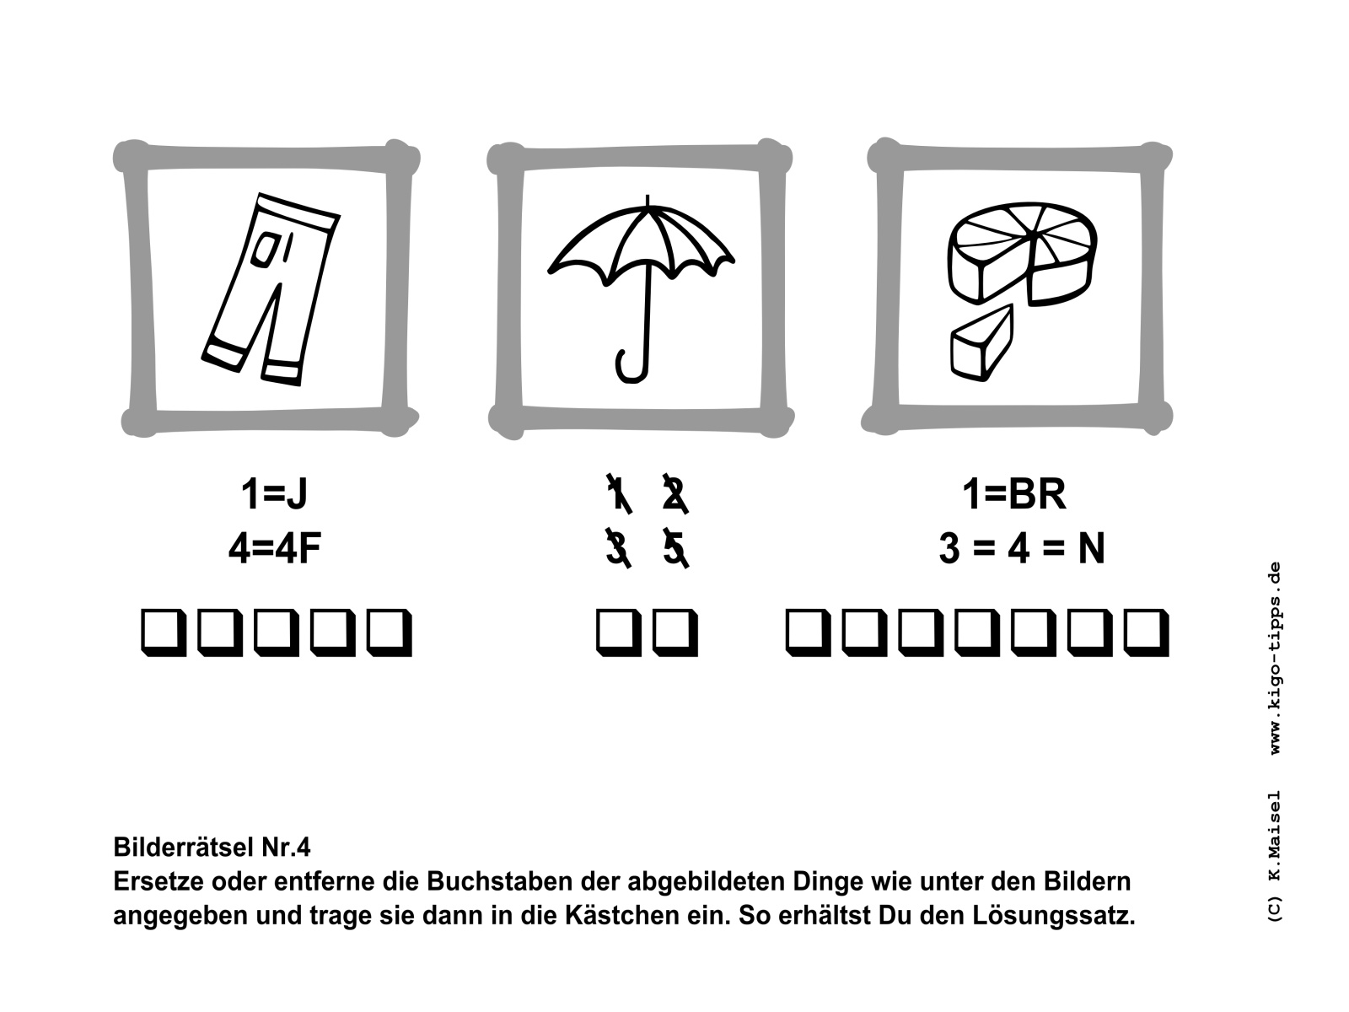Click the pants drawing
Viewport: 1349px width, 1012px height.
click(271, 290)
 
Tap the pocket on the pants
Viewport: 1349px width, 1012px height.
click(265, 250)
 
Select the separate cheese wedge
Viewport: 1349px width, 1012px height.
click(981, 343)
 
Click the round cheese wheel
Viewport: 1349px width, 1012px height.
click(1022, 252)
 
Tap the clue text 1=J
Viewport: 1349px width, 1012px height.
click(274, 493)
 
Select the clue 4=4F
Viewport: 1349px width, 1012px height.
click(275, 548)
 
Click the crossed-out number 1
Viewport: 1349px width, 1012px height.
click(618, 493)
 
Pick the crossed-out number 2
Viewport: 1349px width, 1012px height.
click(674, 493)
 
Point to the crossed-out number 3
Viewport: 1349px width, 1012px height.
click(618, 548)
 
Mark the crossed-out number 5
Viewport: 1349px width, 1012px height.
click(674, 548)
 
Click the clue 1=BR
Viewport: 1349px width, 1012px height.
click(1014, 493)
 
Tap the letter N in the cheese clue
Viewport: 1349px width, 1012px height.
click(1092, 548)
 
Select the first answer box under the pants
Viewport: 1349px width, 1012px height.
click(164, 632)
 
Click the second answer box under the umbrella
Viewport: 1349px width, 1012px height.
click(674, 632)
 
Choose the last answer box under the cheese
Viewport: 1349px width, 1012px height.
click(1146, 632)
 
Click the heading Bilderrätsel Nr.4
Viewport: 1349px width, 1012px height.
click(212, 848)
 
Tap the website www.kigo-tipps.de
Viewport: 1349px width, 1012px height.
click(1275, 658)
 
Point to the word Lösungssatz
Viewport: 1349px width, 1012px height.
click(1053, 916)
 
